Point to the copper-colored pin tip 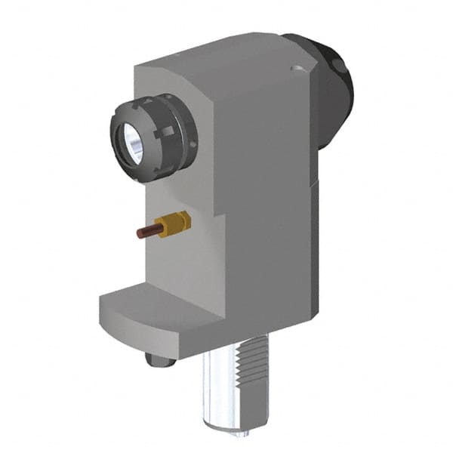click(x=141, y=233)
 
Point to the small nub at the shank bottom click(x=242, y=433)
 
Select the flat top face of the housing click(x=226, y=49)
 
